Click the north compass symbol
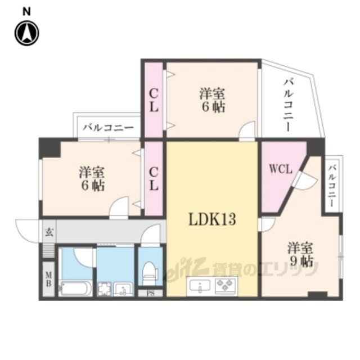coord(26,33)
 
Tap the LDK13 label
coord(212,219)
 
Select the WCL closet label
coord(281,169)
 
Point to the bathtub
coord(75,288)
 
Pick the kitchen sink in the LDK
coord(200,286)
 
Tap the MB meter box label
coord(48,279)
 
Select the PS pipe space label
coord(150,293)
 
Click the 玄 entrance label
coord(49,232)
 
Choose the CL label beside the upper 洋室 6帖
coord(154,100)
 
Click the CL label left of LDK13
coord(154,179)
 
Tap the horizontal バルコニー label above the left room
coord(109,128)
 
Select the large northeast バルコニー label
coord(288,105)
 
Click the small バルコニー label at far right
coord(332,186)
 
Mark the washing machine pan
coord(105,289)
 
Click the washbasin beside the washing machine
coord(123,289)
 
